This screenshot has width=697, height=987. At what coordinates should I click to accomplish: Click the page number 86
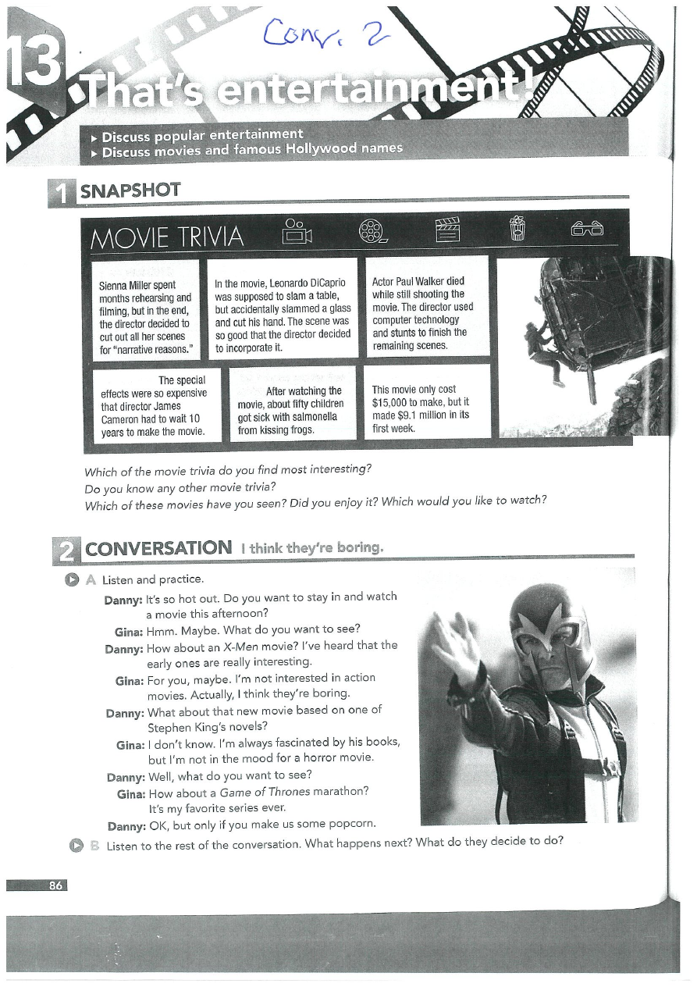coord(55,885)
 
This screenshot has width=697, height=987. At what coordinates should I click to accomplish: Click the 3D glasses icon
coord(587,229)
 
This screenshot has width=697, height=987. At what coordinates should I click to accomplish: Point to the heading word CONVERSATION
coord(158,548)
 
